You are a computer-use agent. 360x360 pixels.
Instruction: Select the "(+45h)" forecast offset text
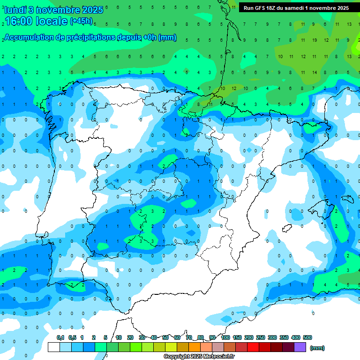(81, 21)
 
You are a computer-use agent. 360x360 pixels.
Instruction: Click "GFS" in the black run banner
(261, 8)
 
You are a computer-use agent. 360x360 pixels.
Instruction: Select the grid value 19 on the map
(314, 40)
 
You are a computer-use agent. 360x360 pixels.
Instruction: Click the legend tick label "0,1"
(60, 337)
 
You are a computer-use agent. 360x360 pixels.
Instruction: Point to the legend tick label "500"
(307, 337)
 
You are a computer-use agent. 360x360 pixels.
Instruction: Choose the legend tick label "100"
(225, 337)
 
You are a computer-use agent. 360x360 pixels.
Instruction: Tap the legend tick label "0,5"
(72, 337)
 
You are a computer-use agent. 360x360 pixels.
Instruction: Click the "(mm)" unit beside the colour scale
(317, 348)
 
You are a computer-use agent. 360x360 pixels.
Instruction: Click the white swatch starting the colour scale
(54, 347)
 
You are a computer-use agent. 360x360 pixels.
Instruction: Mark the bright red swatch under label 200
(253, 347)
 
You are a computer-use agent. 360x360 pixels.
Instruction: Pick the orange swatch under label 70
(194, 347)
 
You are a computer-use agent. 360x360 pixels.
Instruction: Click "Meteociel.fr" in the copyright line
(218, 357)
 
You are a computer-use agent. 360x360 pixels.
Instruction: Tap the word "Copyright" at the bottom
(176, 357)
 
